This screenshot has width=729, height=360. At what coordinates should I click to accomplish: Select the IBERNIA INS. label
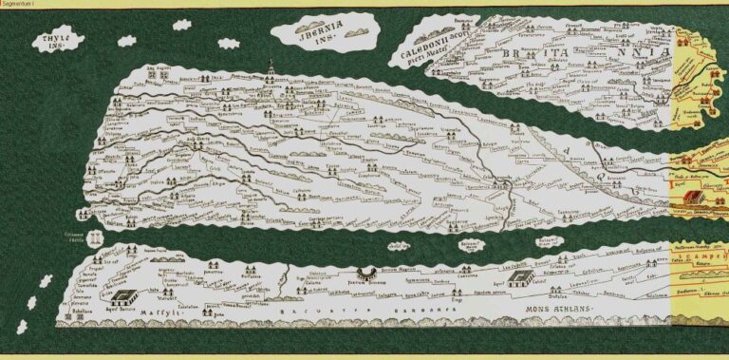(321, 30)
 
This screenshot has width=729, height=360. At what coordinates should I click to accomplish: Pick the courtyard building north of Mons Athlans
(519, 278)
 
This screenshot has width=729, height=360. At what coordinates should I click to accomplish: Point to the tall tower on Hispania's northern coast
(271, 69)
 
